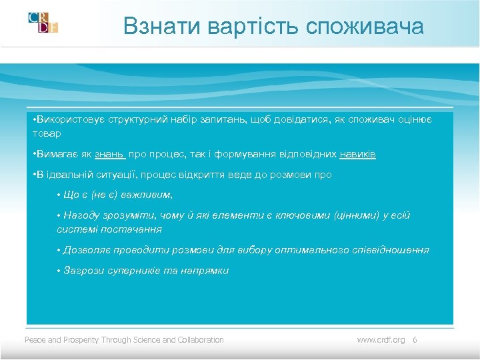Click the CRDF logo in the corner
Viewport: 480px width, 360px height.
tap(43, 22)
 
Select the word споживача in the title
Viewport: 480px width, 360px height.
tap(365, 26)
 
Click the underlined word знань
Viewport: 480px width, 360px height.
tap(109, 154)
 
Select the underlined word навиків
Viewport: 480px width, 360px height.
tap(357, 154)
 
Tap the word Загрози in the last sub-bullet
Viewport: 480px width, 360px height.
tap(81, 271)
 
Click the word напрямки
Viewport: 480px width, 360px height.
tap(206, 271)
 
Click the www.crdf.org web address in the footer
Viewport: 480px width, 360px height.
tap(381, 340)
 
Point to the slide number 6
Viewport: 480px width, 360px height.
tap(415, 340)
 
